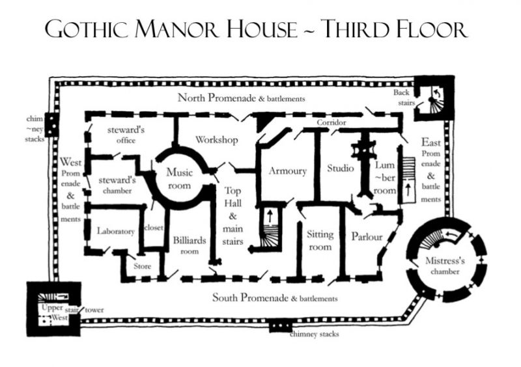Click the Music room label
pyautogui.click(x=180, y=179)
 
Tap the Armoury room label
pyautogui.click(x=288, y=171)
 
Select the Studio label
pyautogui.click(x=340, y=168)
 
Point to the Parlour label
pyautogui.click(x=367, y=236)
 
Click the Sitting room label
pyautogui.click(x=320, y=241)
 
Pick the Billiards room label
pyautogui.click(x=190, y=245)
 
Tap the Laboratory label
pyautogui.click(x=116, y=231)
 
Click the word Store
pyautogui.click(x=142, y=266)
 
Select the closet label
pyautogui.click(x=154, y=228)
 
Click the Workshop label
pyautogui.click(x=217, y=139)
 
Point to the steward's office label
pyautogui.click(x=126, y=135)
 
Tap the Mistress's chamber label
pyautogui.click(x=445, y=265)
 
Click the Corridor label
pyautogui.click(x=331, y=122)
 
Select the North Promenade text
pyautogui.click(x=217, y=98)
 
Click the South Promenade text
pyautogui.click(x=251, y=297)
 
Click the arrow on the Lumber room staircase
pyautogui.click(x=408, y=190)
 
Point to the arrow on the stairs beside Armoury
pyautogui.click(x=270, y=216)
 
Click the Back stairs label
pyautogui.click(x=404, y=98)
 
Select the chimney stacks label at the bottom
pyautogui.click(x=315, y=334)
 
